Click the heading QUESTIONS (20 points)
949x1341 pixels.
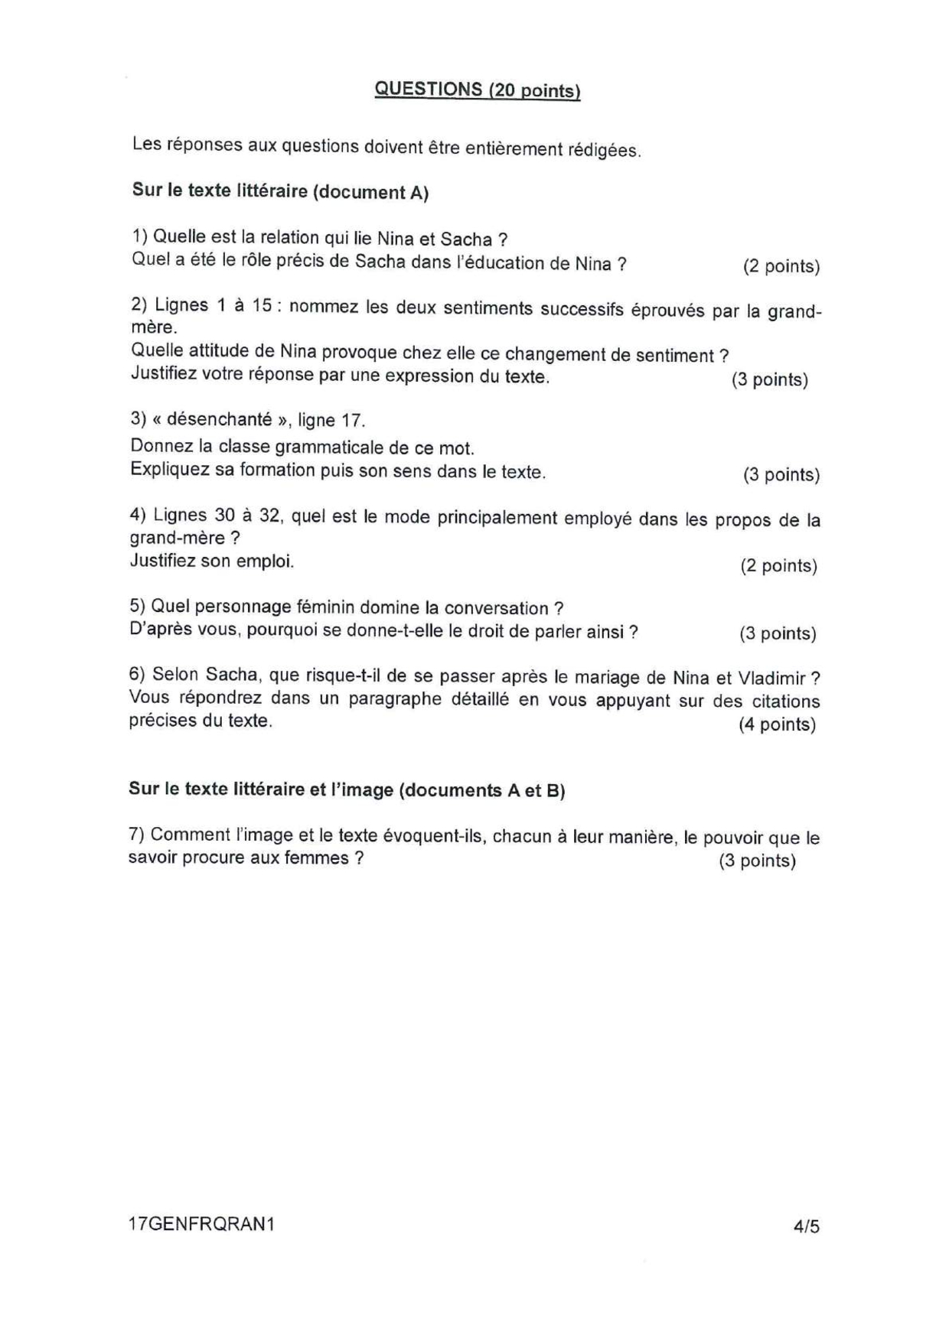coord(477,90)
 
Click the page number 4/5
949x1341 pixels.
coord(807,1225)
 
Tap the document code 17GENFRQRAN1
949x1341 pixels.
coord(201,1224)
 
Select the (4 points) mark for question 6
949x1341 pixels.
coord(777,724)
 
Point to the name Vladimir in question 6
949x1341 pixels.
coord(771,678)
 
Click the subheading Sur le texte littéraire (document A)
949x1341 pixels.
coord(280,191)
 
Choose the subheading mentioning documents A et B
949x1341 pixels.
coord(347,789)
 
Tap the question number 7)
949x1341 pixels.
coord(137,834)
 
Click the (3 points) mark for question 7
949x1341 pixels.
coord(757,861)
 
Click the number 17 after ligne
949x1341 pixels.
coord(351,420)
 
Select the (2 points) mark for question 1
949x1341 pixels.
coord(781,266)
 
